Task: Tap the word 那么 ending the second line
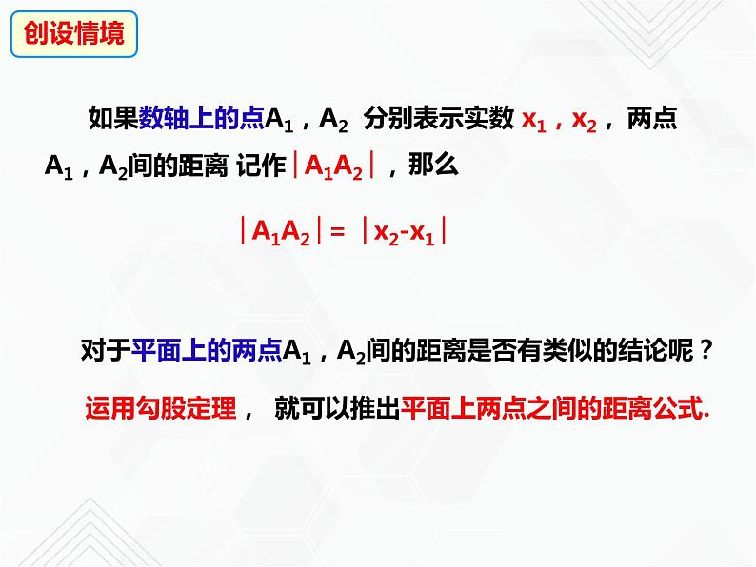[433, 166]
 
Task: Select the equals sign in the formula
[335, 231]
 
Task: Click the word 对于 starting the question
[106, 351]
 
